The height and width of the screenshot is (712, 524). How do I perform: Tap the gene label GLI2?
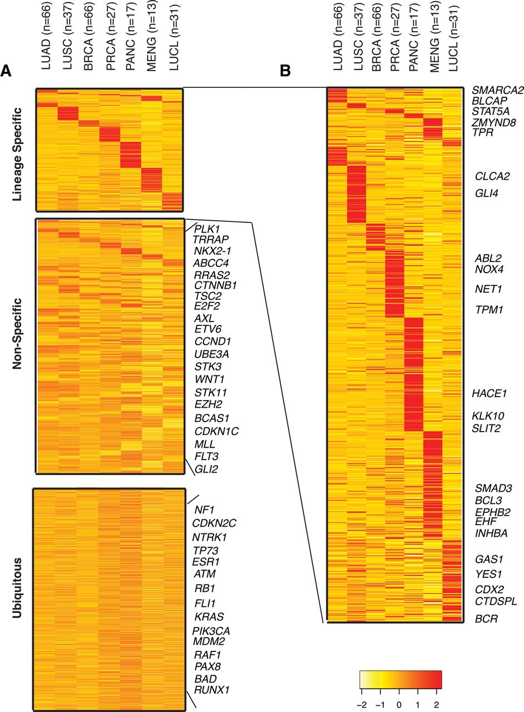[x=206, y=469]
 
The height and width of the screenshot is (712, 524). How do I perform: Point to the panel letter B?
[x=285, y=70]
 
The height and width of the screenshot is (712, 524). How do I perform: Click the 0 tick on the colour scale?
[x=399, y=696]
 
